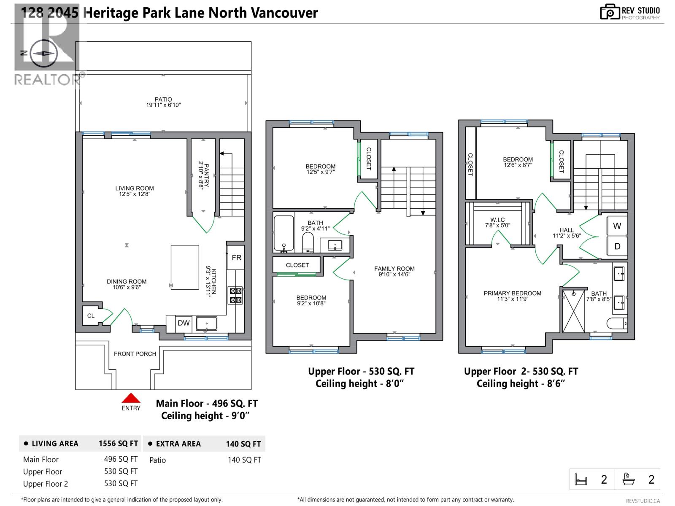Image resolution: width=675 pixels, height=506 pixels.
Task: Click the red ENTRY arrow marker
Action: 131,398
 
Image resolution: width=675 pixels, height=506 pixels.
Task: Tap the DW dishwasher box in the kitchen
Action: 184,323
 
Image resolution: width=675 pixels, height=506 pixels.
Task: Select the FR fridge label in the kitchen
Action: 236,258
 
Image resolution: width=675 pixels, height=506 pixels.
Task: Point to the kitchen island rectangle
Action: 185,267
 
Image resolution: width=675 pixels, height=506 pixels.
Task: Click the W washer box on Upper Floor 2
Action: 617,226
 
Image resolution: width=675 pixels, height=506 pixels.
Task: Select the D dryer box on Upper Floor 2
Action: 617,247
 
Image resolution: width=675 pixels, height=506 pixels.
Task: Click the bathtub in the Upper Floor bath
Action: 283,234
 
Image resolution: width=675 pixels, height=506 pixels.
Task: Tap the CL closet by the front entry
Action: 91,316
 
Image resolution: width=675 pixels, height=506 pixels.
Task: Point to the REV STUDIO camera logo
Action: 610,12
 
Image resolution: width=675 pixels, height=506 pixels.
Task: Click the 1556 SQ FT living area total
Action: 118,444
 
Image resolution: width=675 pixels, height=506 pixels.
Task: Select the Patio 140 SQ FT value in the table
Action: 244,460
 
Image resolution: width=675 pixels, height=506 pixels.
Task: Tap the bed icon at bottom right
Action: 581,479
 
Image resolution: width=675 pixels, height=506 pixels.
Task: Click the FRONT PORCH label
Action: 135,354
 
